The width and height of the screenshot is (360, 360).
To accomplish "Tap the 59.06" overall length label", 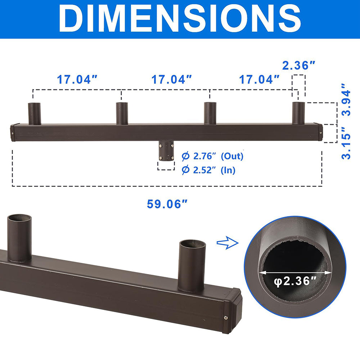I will [167, 204].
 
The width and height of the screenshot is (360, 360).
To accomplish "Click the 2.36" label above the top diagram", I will [299, 66].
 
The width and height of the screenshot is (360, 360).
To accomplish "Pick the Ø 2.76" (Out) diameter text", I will [212, 156].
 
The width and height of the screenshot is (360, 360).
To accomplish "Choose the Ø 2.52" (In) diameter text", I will [208, 170].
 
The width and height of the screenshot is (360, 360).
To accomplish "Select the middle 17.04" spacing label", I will [171, 79].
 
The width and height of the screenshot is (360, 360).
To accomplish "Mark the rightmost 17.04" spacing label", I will [260, 79].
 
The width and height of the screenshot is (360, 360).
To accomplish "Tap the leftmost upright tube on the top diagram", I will [35, 113].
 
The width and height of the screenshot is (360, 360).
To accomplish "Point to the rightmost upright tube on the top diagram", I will [298, 113].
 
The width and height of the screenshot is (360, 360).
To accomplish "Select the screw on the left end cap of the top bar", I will [13, 132].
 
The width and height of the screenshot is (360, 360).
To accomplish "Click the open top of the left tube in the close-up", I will [20, 219].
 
